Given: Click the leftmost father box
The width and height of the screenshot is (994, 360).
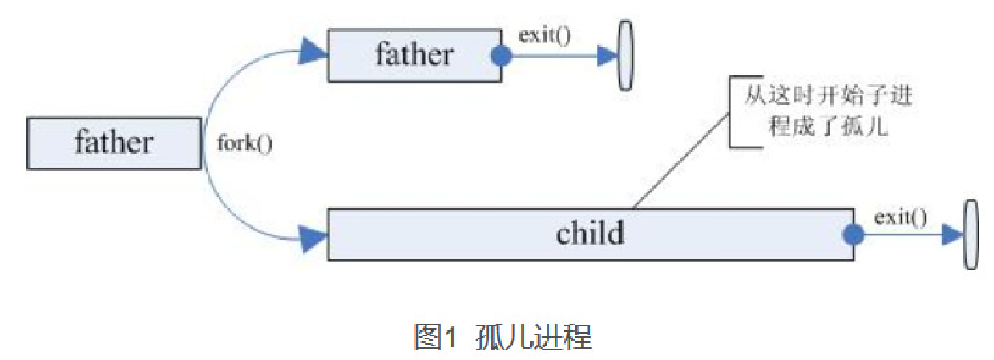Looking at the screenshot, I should (113, 143).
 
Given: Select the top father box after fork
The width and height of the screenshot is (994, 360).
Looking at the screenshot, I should (414, 55).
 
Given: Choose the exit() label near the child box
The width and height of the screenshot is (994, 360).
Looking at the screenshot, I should (900, 217).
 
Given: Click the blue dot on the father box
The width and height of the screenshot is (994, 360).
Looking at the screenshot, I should (502, 57).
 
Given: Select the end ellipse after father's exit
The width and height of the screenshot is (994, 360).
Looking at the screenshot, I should (626, 55).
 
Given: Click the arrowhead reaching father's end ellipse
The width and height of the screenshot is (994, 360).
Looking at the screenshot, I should (606, 57).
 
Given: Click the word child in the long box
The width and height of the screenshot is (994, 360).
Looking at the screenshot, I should (590, 233).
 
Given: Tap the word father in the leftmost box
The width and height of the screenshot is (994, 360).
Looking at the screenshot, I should (113, 143).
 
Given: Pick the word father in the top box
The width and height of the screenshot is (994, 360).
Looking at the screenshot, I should (414, 55).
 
